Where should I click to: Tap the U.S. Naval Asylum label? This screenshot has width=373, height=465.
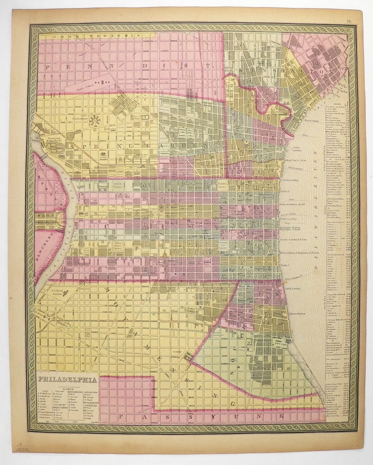point(60,292)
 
